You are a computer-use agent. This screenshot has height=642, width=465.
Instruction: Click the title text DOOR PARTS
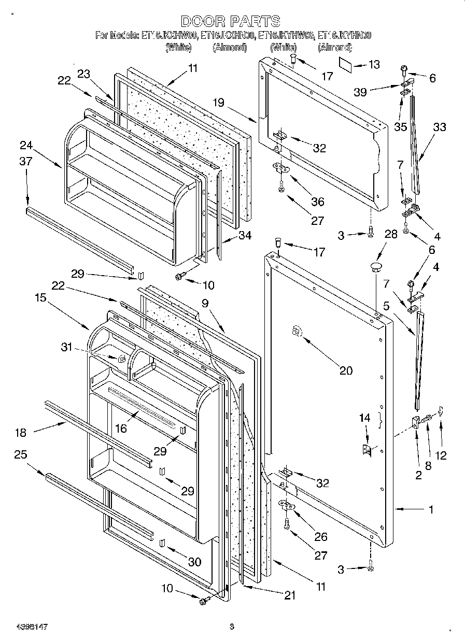231,21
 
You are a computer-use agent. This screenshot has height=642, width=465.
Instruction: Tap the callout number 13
373,64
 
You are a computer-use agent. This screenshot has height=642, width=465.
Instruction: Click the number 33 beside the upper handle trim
439,127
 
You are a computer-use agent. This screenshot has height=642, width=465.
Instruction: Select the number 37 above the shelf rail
25,162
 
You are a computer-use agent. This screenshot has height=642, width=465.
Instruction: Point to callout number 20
346,370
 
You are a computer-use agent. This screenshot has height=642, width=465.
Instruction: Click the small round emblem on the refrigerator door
297,332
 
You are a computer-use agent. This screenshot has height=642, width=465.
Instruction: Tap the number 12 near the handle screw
441,455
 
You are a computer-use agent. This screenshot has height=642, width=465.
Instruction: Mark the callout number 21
289,596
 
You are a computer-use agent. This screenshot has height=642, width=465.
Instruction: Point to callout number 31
66,347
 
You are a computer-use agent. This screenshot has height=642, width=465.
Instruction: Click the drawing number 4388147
24,626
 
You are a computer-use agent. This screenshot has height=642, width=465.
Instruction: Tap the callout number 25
21,454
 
